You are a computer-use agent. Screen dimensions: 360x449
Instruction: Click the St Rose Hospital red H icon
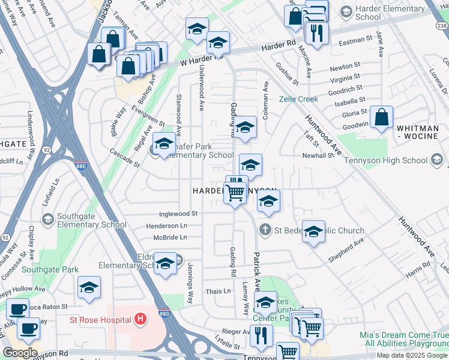point(140,317)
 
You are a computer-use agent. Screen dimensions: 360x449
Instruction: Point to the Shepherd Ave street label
point(346,250)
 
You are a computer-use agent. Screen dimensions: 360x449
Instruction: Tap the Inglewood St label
point(178,214)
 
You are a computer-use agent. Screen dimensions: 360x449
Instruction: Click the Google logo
point(20,352)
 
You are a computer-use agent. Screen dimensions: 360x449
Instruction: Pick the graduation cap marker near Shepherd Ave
point(313,232)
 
